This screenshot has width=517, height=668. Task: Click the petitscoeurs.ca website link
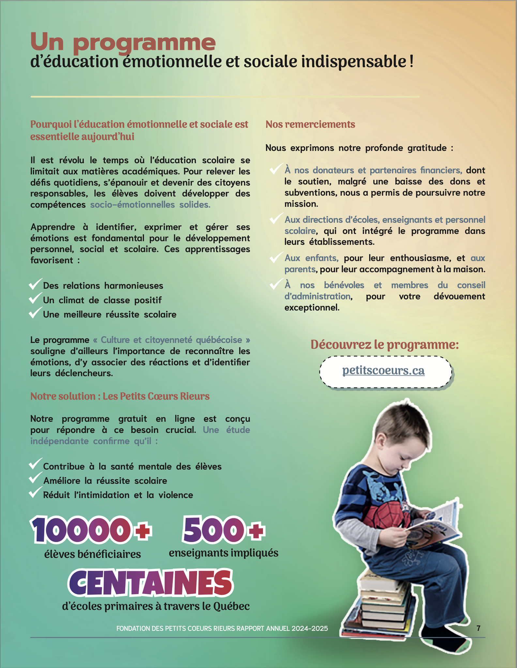coord(383,371)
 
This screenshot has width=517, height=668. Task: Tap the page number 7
coord(478,628)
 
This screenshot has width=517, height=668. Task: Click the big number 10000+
coord(91,530)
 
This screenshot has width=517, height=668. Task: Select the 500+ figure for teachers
coord(224,530)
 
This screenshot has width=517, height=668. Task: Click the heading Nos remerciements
coord(310,124)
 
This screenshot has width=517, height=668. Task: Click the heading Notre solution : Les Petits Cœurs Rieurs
coord(120,396)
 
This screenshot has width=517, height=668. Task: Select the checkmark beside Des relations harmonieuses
coord(35,284)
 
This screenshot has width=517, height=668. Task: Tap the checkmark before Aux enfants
coord(276,257)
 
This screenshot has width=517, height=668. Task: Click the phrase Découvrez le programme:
coord(385,344)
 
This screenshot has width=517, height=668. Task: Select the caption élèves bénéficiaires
coord(93,554)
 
